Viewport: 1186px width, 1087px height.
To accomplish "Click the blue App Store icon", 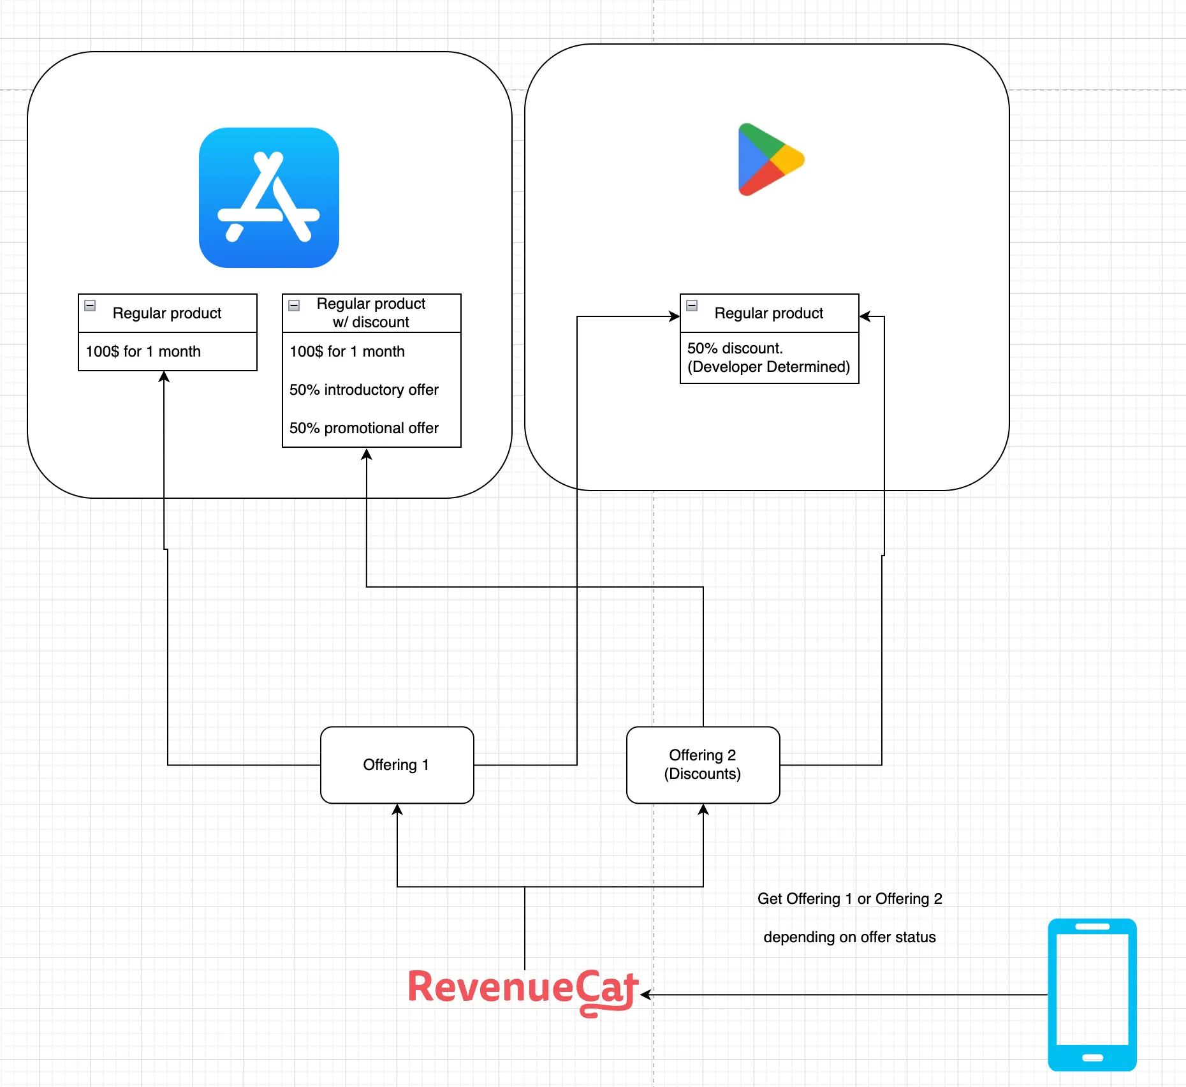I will click(x=268, y=198).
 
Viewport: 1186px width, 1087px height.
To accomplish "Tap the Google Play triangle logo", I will click(x=769, y=159).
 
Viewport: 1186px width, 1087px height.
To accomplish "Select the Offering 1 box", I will click(x=397, y=765).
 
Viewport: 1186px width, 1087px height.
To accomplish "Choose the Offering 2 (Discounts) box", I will click(x=703, y=765).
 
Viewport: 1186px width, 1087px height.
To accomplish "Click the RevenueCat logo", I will click(x=523, y=989).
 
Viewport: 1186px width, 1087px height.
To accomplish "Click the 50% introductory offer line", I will click(x=364, y=390).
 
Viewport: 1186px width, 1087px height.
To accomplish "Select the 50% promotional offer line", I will click(x=364, y=428).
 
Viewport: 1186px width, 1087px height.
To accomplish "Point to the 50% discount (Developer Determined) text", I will click(x=768, y=358).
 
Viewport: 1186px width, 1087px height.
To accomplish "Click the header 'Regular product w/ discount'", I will click(x=371, y=313).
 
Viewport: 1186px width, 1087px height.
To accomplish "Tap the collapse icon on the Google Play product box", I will click(x=692, y=306).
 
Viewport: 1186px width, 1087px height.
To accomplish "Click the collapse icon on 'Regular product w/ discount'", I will click(x=294, y=306).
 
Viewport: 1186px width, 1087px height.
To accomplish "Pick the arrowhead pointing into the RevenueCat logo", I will click(x=645, y=995).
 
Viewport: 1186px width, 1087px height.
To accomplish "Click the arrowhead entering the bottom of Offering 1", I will click(x=397, y=810).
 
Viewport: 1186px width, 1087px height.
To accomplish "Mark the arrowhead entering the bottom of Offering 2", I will click(x=703, y=810).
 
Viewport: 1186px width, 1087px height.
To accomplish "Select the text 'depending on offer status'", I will click(x=849, y=937).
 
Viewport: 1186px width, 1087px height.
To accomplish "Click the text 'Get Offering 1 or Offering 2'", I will click(x=849, y=899).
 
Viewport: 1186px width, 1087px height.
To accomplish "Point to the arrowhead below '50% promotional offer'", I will click(x=367, y=454).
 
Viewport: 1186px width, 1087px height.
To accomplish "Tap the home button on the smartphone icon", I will click(x=1092, y=1058).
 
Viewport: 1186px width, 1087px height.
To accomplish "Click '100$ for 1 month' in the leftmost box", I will click(x=143, y=351).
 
